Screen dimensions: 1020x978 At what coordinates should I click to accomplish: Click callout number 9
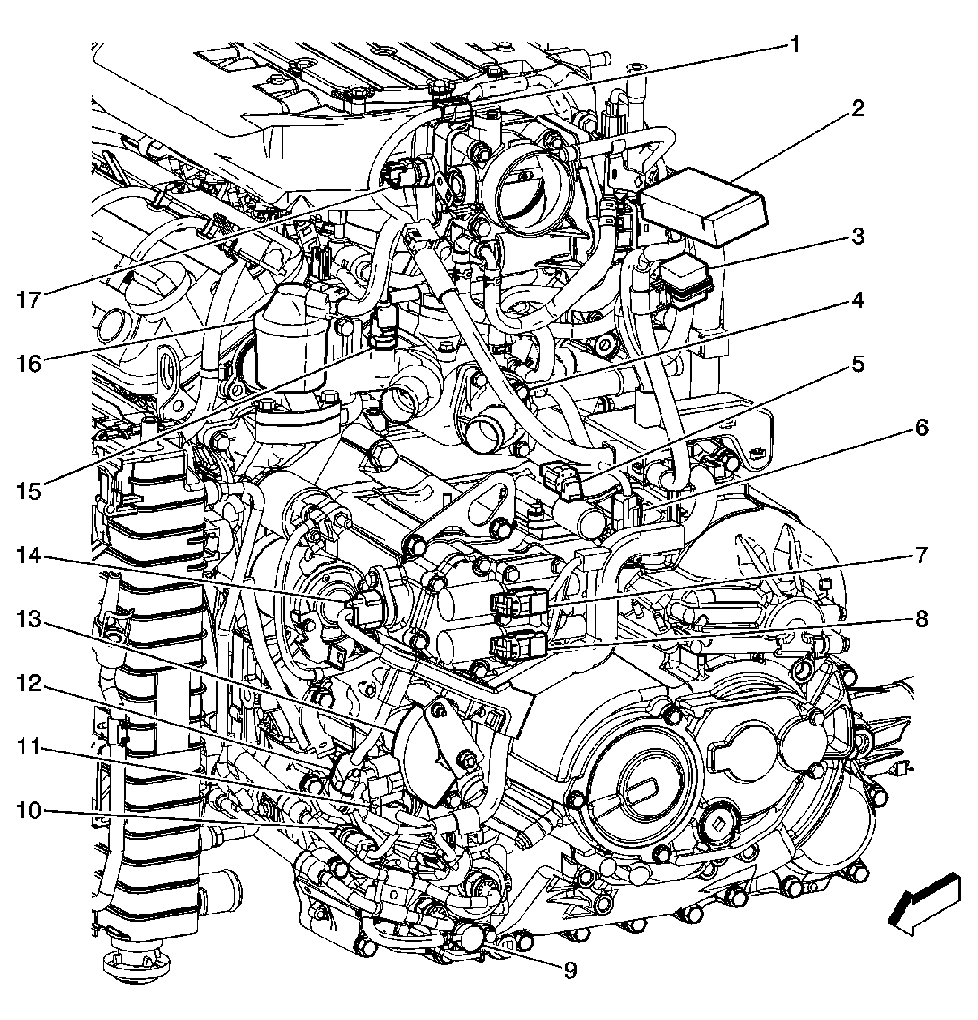(x=570, y=970)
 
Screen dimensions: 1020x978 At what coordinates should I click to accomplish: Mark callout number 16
(x=29, y=364)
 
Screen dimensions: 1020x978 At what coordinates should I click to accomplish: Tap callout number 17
(x=29, y=300)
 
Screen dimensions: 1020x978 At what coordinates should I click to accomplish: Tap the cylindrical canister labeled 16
(x=292, y=338)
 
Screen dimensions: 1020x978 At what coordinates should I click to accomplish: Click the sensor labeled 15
(x=383, y=325)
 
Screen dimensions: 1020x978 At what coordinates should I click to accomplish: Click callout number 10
(x=29, y=811)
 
